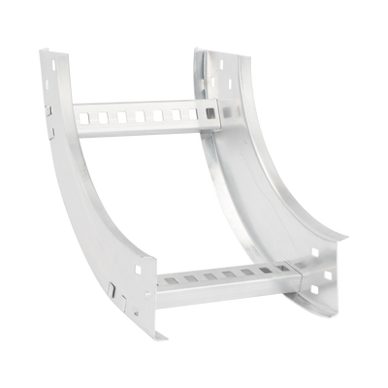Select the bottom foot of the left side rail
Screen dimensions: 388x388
coord(155,336)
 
